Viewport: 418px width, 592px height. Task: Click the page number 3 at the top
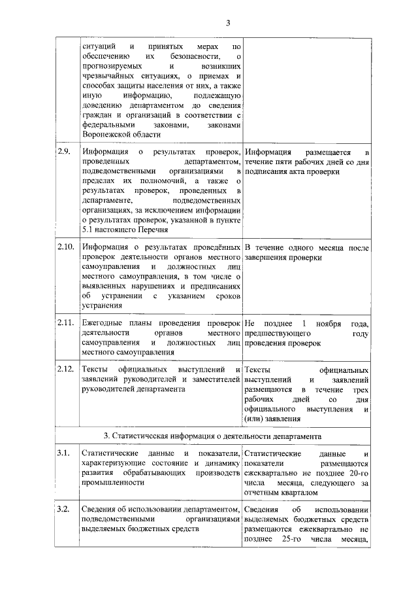[229, 24]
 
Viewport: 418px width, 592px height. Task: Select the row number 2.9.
[64, 152]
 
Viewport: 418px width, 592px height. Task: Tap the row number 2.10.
[66, 248]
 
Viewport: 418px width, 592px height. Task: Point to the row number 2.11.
[66, 323]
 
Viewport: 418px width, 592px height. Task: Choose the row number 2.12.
[66, 370]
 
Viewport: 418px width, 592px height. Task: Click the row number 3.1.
[63, 453]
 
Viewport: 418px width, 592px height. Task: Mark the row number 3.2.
[63, 510]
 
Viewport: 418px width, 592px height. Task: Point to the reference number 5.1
[89, 230]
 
